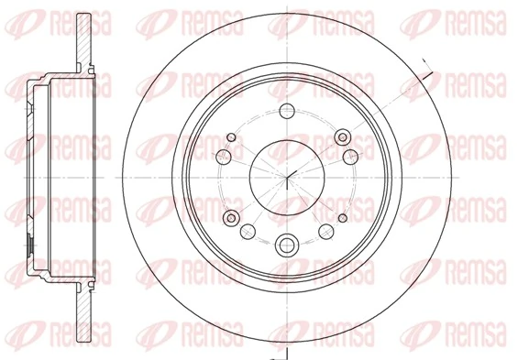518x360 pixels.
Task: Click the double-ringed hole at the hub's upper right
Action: [x=345, y=137]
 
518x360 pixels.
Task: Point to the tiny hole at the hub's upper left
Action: [x=230, y=138]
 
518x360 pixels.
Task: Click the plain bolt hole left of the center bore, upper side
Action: [x=223, y=158]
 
